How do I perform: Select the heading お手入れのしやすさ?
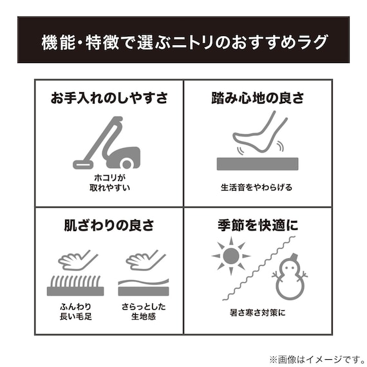click(109, 99)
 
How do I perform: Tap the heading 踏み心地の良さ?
click(258, 99)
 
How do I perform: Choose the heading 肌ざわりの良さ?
click(109, 226)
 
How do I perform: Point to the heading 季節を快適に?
click(258, 226)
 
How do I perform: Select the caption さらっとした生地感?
click(144, 311)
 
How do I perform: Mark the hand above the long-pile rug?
click(78, 259)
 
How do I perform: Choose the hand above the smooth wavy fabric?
click(146, 259)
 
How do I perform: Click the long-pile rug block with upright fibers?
click(75, 286)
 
